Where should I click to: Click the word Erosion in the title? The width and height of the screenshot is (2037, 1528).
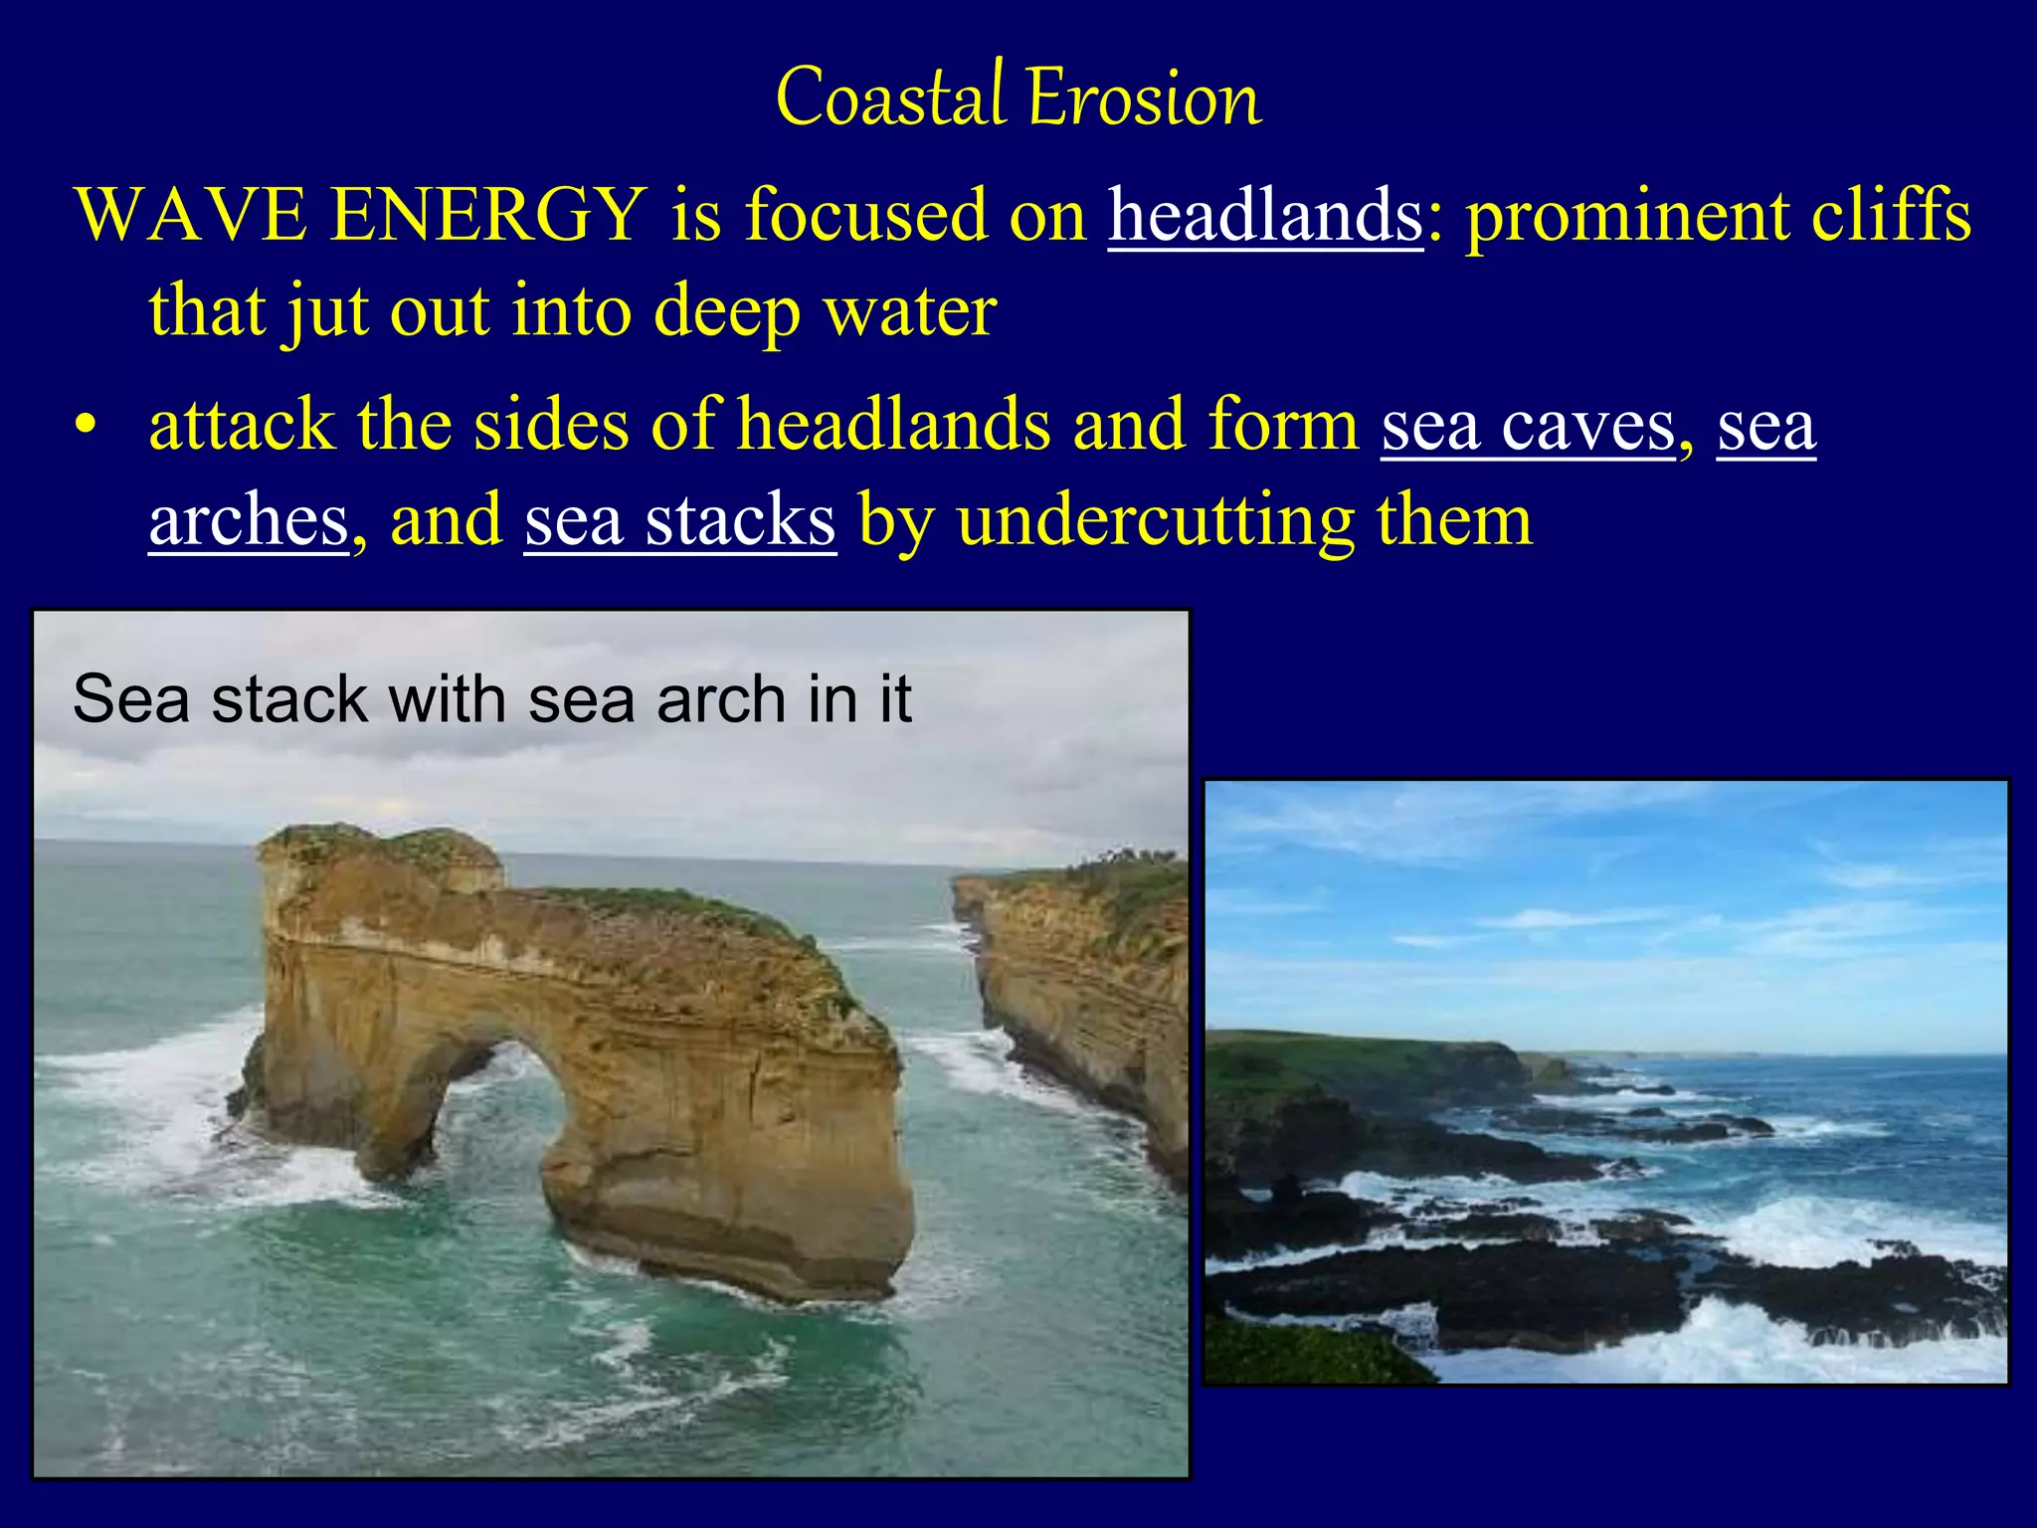(x=1144, y=99)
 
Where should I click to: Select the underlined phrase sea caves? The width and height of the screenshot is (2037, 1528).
(x=1528, y=426)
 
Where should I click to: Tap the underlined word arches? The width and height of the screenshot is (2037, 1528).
(x=249, y=520)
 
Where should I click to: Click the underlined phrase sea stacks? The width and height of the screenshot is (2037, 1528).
(x=679, y=520)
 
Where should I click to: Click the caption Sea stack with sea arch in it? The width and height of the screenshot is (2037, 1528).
(x=491, y=698)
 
